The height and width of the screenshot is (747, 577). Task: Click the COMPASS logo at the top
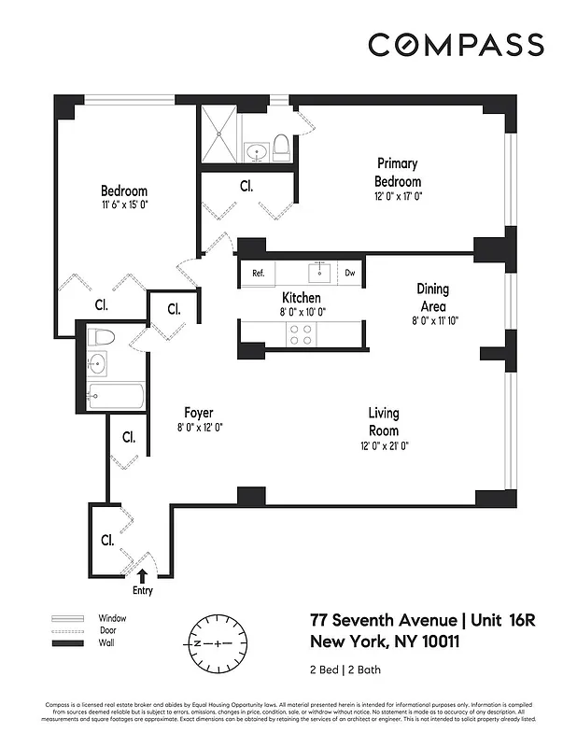pyautogui.click(x=456, y=45)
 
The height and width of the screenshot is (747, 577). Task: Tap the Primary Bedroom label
pyautogui.click(x=398, y=173)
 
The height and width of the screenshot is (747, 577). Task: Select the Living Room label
pyautogui.click(x=384, y=422)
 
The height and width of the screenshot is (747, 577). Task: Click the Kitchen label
pyautogui.click(x=302, y=298)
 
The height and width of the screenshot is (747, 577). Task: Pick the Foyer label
pyautogui.click(x=198, y=413)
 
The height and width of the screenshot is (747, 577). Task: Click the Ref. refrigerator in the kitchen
pyautogui.click(x=259, y=273)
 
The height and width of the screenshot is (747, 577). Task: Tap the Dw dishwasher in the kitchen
pyautogui.click(x=350, y=273)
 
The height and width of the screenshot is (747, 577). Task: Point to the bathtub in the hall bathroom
pyautogui.click(x=116, y=397)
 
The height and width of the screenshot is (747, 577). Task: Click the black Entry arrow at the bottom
pyautogui.click(x=142, y=577)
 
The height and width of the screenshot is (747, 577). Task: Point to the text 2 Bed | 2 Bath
pyautogui.click(x=345, y=669)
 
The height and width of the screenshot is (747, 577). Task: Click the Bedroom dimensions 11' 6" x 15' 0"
pyautogui.click(x=124, y=204)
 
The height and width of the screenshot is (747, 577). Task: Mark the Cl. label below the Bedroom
pyautogui.click(x=100, y=304)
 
